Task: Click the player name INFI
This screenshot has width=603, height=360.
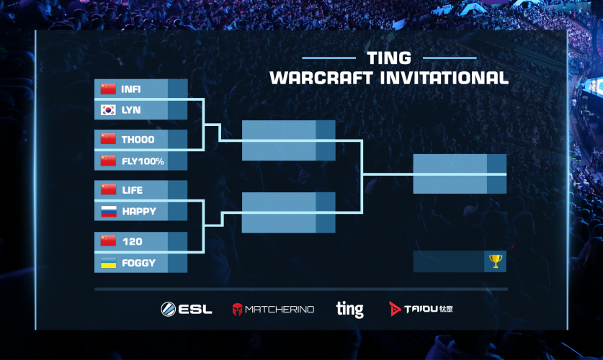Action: tap(131, 89)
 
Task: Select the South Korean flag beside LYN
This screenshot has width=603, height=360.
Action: tap(108, 110)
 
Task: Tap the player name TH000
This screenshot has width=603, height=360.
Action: tap(138, 140)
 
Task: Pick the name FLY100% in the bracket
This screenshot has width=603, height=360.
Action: tap(143, 161)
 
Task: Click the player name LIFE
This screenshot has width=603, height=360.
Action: tap(132, 190)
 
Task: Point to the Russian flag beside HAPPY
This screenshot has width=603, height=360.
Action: tap(108, 211)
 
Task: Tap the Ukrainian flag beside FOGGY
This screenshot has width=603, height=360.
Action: tap(108, 262)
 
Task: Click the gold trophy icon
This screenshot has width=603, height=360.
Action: tap(495, 261)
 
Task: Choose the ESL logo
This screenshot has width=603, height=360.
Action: tap(187, 309)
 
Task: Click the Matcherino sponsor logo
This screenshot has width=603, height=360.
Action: tap(273, 309)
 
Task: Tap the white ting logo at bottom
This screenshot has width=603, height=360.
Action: tap(349, 309)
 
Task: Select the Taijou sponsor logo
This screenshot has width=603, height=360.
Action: tap(421, 309)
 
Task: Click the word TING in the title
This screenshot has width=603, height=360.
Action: tap(389, 58)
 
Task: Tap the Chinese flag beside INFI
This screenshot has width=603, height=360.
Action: tap(108, 89)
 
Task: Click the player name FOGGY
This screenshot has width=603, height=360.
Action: tap(138, 263)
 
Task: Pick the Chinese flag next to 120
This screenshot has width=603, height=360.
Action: tap(108, 241)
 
